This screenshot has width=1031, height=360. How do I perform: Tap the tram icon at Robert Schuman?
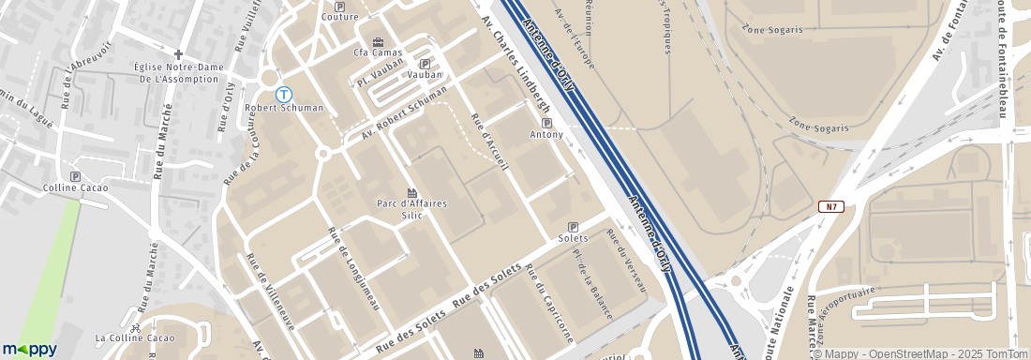point(284,95)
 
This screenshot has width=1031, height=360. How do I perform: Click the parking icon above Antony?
point(546,123)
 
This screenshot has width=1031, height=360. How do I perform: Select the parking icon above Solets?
point(573,227)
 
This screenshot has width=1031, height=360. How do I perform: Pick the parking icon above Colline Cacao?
point(75,176)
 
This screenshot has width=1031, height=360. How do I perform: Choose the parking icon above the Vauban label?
point(425,64)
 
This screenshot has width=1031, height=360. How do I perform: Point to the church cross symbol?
point(177,54)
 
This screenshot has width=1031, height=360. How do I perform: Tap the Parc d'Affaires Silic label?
point(411,209)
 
